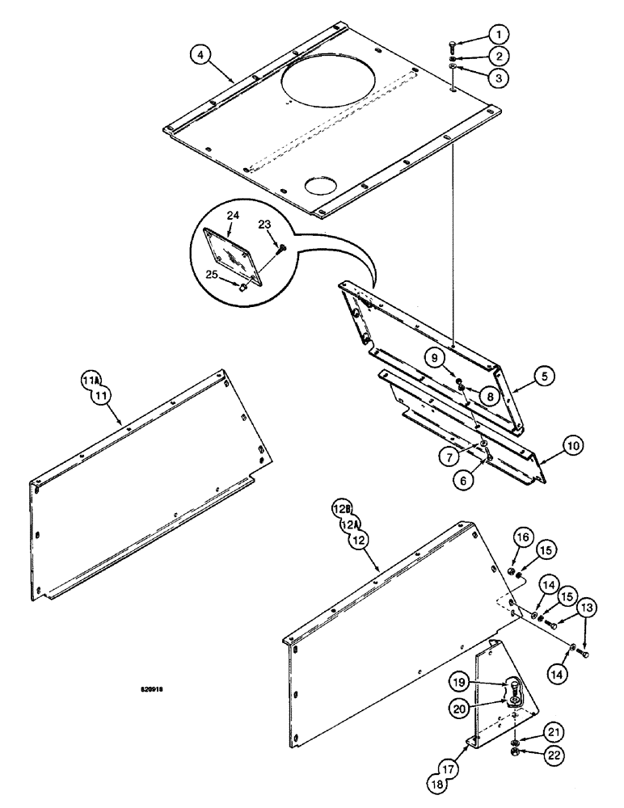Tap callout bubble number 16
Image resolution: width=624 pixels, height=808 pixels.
(521, 559)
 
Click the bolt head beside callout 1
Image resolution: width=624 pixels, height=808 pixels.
(453, 45)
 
